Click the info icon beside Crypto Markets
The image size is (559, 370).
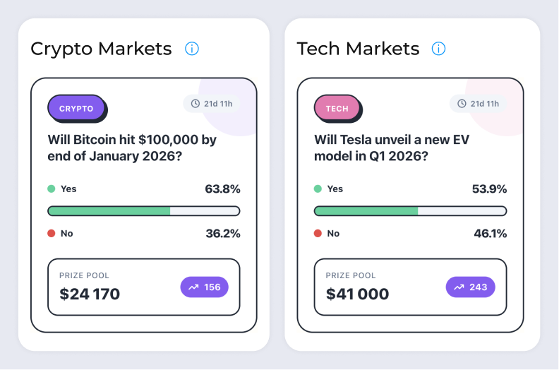click(x=192, y=49)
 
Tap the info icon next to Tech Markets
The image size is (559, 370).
click(x=438, y=49)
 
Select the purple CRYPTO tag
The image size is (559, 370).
click(x=76, y=109)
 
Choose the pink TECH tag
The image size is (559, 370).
click(x=337, y=109)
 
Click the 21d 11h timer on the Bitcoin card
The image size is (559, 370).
click(x=212, y=104)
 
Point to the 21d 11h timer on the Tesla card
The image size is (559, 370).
click(x=478, y=104)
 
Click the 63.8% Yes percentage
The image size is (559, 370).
click(x=222, y=189)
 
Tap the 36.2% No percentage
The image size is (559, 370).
click(x=222, y=234)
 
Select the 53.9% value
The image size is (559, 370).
click(x=489, y=189)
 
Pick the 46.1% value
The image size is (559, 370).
click(x=489, y=234)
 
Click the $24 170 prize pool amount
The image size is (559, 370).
click(x=90, y=294)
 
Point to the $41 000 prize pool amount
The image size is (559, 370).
click(x=357, y=294)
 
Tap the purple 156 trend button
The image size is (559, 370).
click(x=205, y=287)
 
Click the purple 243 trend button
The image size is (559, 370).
click(x=471, y=287)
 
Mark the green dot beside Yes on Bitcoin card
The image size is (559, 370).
click(x=51, y=189)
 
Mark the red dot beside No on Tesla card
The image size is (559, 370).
click(x=318, y=234)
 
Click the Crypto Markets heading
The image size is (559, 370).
click(x=101, y=49)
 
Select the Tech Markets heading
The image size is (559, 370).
click(x=358, y=49)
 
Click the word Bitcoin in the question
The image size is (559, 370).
click(x=95, y=140)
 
